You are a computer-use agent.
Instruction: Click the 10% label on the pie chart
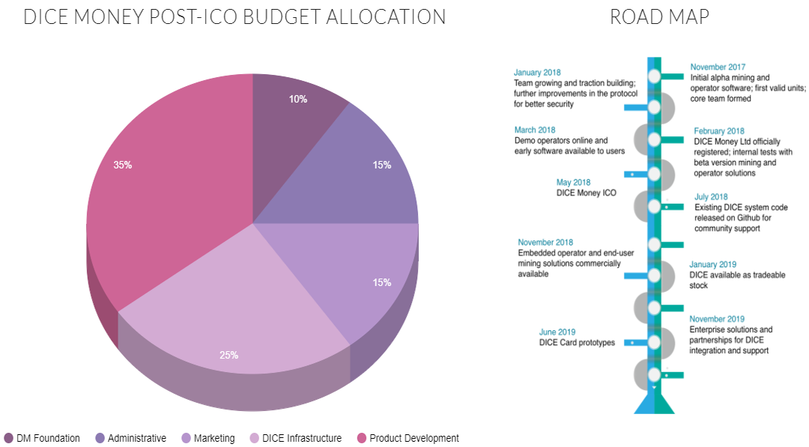(297, 99)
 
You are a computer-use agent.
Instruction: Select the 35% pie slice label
(123, 165)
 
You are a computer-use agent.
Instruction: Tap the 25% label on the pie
(228, 355)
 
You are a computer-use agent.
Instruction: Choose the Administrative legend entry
(131, 438)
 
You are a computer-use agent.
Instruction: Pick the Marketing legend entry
(208, 438)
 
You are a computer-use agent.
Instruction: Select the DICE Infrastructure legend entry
(296, 438)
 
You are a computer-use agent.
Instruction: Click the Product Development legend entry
(408, 438)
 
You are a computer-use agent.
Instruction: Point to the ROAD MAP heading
(659, 17)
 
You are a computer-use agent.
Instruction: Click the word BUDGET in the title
(281, 17)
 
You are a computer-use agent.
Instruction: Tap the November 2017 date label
(718, 67)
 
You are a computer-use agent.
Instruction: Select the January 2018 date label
(537, 73)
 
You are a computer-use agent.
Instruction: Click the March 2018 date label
(535, 130)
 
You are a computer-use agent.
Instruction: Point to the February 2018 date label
(718, 131)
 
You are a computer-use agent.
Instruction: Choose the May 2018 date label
(573, 183)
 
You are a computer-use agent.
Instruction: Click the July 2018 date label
(711, 197)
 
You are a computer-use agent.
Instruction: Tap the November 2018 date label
(545, 243)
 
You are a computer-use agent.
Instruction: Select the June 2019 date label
(557, 332)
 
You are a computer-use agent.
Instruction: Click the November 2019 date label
(717, 319)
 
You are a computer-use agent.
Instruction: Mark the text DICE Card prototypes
(577, 343)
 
